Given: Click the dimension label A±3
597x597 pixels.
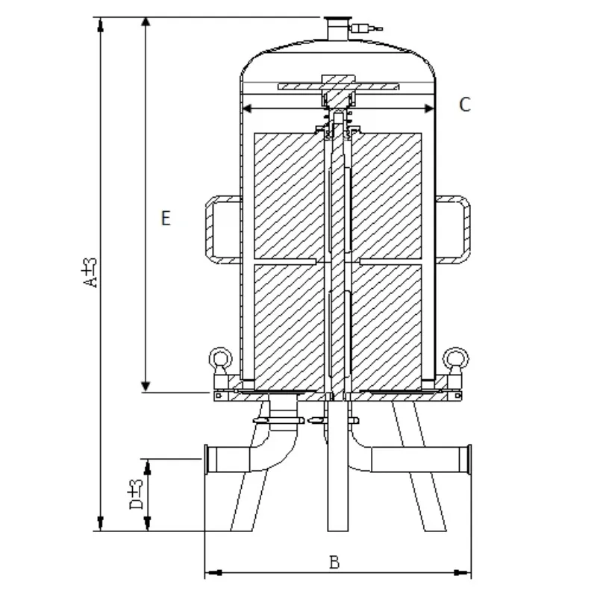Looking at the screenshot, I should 90,272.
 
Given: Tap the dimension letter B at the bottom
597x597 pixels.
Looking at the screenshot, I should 334,562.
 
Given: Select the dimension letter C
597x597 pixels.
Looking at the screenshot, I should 464,104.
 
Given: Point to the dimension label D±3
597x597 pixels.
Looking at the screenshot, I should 137,494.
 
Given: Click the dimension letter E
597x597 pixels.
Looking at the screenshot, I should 166,218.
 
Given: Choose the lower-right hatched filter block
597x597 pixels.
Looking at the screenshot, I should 388,322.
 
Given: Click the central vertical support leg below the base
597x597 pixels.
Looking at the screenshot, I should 337,478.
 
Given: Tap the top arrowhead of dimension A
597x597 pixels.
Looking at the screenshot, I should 99,23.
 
